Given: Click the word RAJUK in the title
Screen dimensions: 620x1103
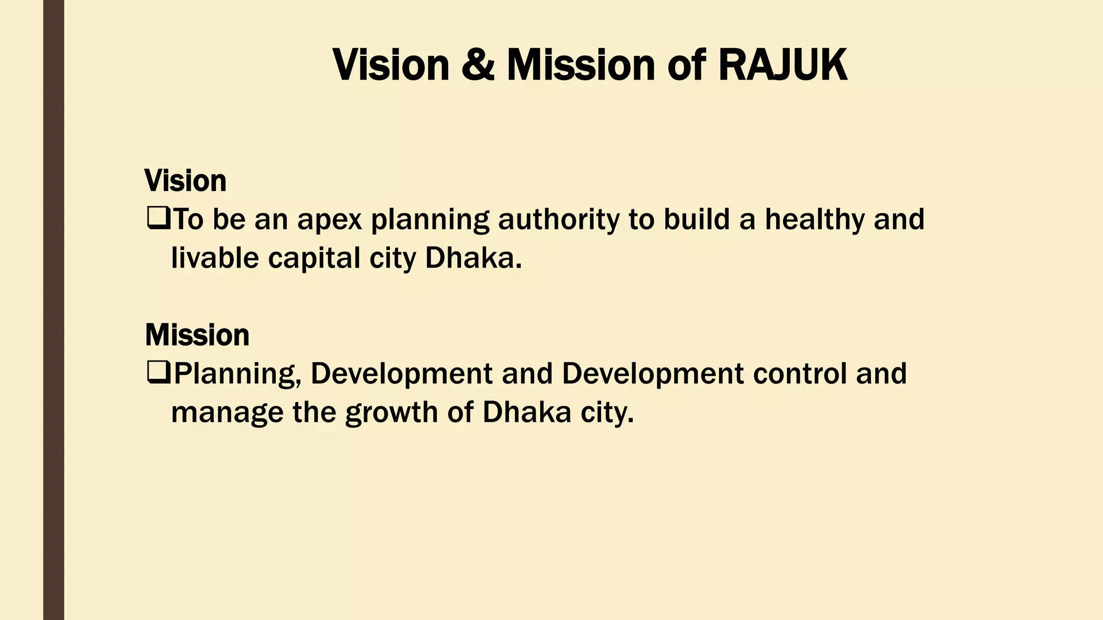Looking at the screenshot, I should tap(783, 65).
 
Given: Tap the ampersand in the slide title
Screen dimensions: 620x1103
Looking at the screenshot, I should tap(478, 65).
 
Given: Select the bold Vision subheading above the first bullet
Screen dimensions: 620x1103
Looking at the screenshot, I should tap(185, 181).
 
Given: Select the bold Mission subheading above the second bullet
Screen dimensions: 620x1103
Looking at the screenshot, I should tap(197, 335).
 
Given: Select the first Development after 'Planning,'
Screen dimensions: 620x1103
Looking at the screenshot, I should tap(401, 374).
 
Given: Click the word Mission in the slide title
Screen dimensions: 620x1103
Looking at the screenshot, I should tap(580, 65).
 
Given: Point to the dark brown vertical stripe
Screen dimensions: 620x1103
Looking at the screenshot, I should tap(53, 310).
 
